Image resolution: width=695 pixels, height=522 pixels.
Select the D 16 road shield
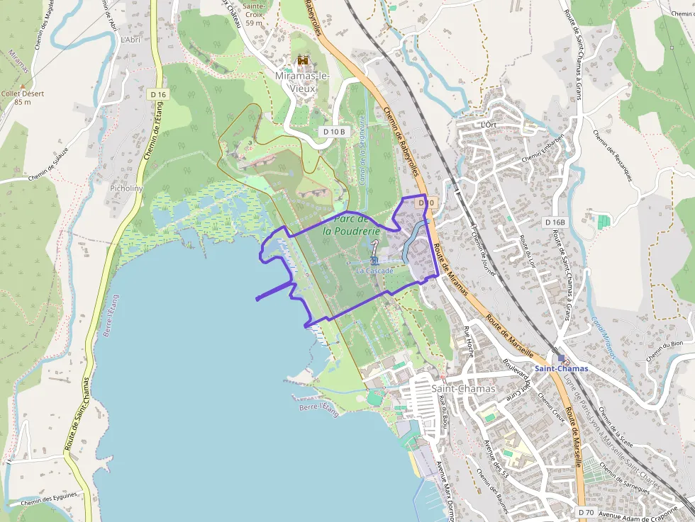[157, 94]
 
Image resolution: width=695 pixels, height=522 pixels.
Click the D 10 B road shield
[333, 131]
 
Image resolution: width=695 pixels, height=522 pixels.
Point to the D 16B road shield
[555, 222]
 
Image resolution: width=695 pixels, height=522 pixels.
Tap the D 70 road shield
[585, 511]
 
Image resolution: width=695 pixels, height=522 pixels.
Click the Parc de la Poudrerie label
[351, 225]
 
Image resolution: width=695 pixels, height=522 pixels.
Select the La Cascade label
[374, 271]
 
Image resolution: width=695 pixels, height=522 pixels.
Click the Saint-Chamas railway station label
[561, 368]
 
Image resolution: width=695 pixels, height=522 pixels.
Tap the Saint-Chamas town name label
[463, 389]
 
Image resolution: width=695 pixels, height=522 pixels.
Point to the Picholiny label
[126, 188]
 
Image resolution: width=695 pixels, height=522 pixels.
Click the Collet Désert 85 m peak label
[23, 98]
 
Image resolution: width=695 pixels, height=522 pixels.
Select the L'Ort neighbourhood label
[488, 125]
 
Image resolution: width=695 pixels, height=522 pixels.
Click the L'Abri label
[130, 40]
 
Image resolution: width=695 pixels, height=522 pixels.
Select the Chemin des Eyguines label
[48, 501]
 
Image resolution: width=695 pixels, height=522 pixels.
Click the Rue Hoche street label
[469, 341]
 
